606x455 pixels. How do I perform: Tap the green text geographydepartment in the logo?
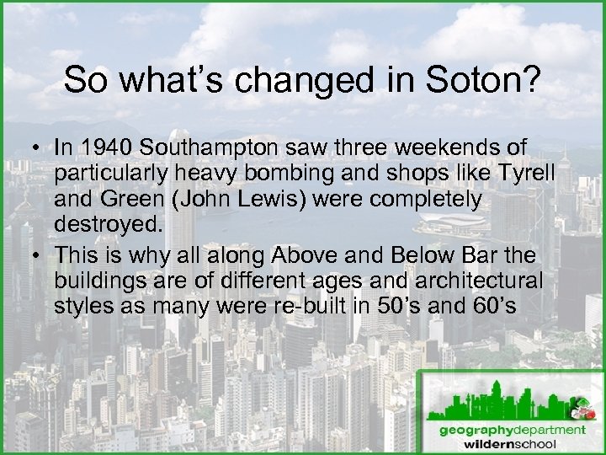click(512, 429)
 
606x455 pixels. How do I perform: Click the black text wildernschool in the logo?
click(512, 443)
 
